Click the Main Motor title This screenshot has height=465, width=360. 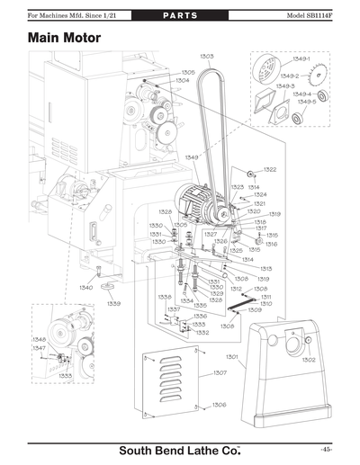point(64,40)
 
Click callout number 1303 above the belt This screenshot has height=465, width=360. point(206,57)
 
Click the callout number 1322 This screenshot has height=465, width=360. point(270,169)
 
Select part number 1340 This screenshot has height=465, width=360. point(85,288)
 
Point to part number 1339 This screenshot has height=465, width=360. point(114,304)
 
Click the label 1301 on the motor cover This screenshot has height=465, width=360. point(231,357)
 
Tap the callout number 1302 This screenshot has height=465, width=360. point(308,359)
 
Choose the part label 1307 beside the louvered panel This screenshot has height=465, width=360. point(219,371)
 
